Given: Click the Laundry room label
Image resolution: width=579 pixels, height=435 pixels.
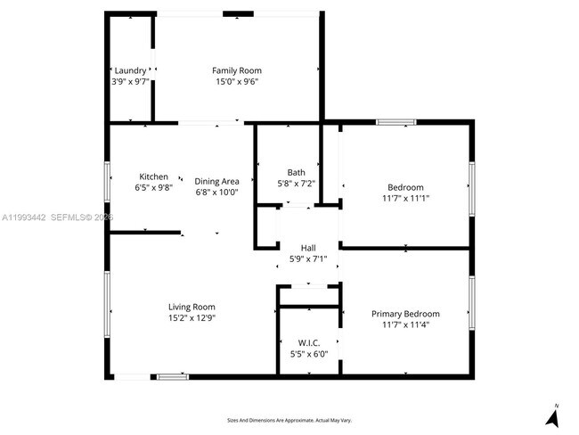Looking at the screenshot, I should [130, 70].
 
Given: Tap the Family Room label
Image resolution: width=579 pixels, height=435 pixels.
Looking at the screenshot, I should [236, 70].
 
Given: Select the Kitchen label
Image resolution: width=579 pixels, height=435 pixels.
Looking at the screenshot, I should [153, 176].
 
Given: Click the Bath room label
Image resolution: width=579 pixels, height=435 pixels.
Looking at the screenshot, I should [296, 172].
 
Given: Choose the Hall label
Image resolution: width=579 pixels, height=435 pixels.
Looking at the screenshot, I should [308, 248].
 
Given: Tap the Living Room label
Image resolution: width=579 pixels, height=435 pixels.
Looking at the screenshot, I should [192, 307].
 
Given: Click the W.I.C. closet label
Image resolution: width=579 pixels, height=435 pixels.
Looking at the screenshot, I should [308, 342].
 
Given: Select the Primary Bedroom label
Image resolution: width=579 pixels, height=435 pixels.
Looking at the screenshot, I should [405, 314].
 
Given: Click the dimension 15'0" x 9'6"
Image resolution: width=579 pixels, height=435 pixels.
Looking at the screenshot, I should [236, 81].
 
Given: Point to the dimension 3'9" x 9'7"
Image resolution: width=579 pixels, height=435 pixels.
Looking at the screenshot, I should [130, 81].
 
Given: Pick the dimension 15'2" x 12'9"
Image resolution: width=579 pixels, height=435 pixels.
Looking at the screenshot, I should [192, 317].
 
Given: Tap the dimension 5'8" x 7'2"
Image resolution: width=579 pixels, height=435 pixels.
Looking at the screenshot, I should [296, 184].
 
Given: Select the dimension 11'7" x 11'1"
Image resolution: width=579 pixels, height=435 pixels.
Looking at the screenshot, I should [405, 199].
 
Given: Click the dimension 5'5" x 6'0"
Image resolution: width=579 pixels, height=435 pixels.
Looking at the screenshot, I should [308, 354].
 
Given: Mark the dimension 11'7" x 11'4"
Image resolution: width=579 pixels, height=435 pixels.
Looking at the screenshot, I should [405, 324].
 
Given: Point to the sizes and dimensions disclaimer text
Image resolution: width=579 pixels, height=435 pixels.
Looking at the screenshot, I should [289, 419].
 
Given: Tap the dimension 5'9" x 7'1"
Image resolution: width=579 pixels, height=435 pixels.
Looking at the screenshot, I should [308, 259].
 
